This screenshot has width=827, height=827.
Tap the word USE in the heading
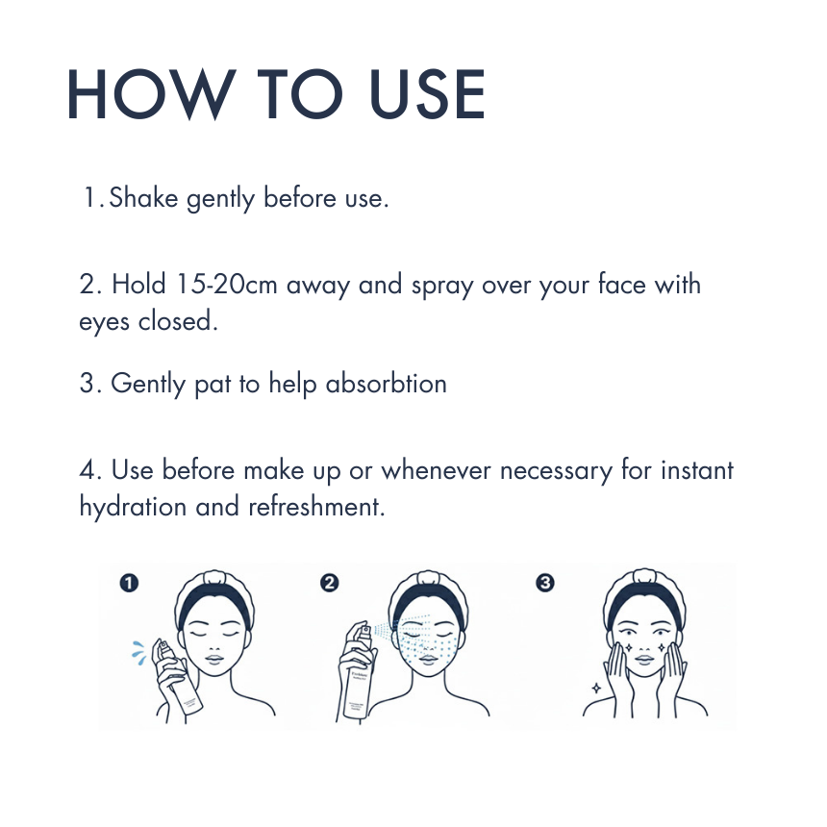tap(427, 95)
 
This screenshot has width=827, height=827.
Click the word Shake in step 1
tap(143, 198)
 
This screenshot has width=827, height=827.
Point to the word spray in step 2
tap(442, 287)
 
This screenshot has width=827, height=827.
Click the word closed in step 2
tap(178, 320)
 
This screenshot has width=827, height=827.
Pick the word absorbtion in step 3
tap(386, 383)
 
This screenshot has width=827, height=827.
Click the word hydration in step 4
tap(133, 507)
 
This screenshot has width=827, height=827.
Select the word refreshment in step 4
tap(316, 507)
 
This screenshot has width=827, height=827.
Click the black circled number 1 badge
tap(129, 583)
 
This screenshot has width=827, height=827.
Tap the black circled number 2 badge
tap(330, 583)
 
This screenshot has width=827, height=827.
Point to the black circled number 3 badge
tap(545, 583)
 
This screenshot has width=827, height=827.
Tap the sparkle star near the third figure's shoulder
tap(596, 689)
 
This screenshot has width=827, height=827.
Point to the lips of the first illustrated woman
tap(215, 660)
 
